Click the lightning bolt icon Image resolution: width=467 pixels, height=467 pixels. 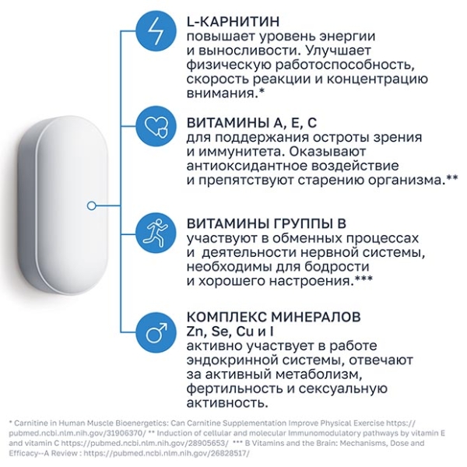pos(156,30)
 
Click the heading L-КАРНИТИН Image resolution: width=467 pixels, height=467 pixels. pos(233,22)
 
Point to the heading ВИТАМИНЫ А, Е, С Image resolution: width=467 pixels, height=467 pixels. pos(251,123)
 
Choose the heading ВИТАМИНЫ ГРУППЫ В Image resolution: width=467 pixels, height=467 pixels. pos(266,223)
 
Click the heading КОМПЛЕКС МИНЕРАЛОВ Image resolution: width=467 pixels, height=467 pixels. pos(273,317)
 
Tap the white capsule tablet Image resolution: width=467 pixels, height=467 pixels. pos(61,205)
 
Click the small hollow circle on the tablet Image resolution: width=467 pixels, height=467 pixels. pos(92,205)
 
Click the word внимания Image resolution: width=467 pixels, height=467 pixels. pos(221,94)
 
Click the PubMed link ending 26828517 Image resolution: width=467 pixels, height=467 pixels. pos(166,453)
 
